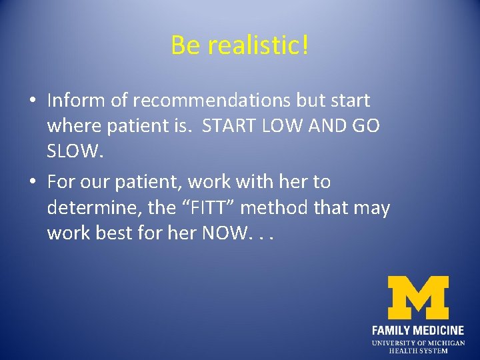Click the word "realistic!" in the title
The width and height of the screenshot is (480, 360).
tap(258, 45)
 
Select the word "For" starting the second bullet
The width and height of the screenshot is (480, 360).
tap(62, 182)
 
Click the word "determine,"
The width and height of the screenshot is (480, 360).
tap(94, 208)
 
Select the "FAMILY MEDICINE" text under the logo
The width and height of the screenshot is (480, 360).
tap(418, 330)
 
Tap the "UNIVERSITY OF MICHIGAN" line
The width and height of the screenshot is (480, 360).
tap(418, 343)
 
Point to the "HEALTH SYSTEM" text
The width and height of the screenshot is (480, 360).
tap(418, 351)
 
